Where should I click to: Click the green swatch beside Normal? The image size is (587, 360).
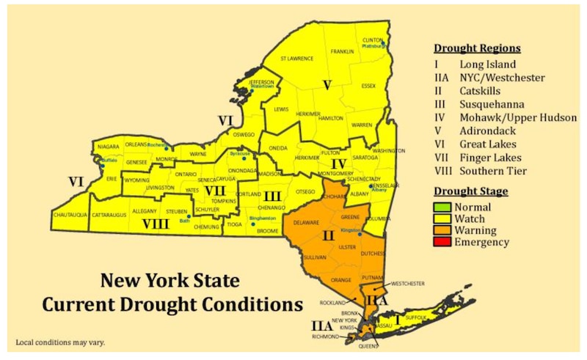click(442, 207)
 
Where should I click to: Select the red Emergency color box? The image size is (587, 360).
click(442, 242)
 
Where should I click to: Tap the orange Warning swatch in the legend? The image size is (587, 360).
click(442, 230)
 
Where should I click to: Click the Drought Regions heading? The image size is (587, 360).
click(477, 48)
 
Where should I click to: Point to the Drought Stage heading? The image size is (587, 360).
click(470, 191)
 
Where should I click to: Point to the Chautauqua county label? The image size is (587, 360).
click(71, 215)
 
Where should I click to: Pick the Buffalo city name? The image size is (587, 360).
click(109, 159)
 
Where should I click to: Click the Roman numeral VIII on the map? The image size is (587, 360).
click(156, 224)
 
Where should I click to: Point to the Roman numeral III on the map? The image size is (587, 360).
click(272, 196)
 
